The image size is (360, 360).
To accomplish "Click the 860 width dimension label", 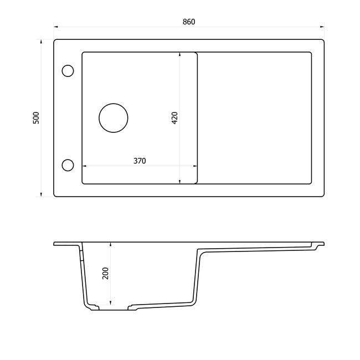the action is point(189,22).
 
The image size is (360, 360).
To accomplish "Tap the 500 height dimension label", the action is point(36,118).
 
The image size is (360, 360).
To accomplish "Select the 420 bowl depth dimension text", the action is point(174,118).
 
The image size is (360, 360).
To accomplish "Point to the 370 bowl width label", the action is point(140,161).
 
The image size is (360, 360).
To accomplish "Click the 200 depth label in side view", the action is point(105,273).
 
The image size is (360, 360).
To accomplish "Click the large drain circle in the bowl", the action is point(114,104).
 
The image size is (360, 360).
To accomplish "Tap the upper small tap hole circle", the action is point(68,65).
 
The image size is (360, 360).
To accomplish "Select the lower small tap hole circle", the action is point(68,160).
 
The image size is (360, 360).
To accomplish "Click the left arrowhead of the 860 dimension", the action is point(56,27).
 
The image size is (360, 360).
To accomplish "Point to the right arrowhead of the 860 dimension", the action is point(322,27).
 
